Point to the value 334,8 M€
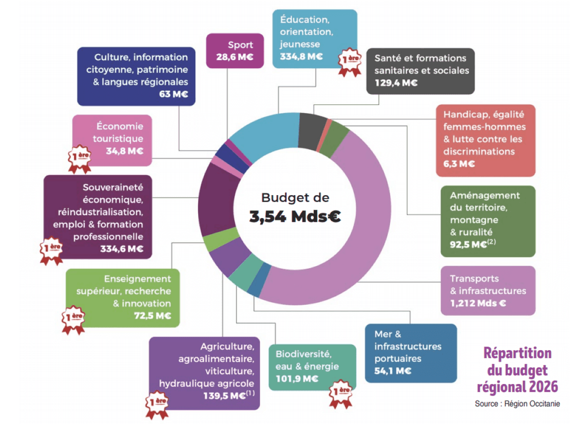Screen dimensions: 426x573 tap(301, 57)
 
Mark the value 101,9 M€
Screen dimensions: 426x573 tap(297, 379)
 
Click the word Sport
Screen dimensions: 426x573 tap(240, 45)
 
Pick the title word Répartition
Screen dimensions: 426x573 tap(518, 353)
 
